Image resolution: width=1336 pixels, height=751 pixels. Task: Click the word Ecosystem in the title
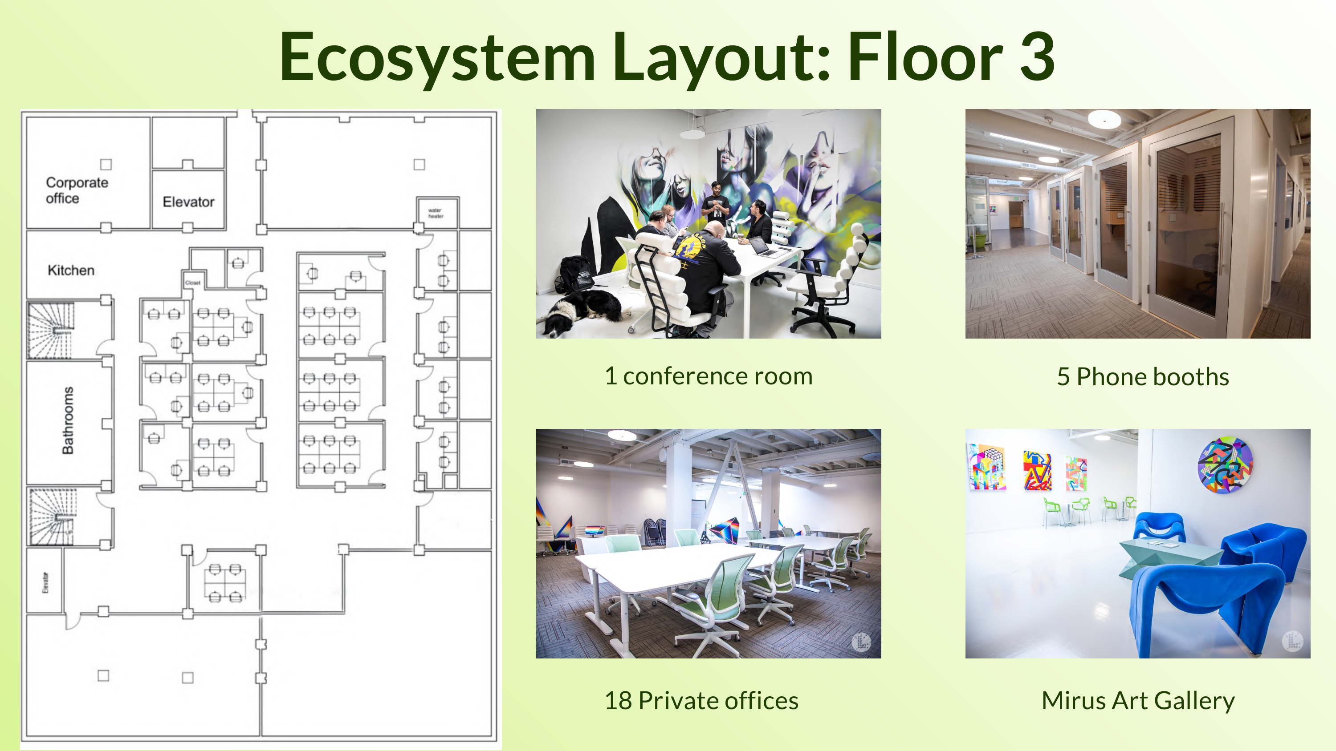[437, 57]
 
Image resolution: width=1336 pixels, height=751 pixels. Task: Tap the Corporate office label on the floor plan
[76, 190]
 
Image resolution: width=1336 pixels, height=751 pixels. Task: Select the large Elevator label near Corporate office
[188, 202]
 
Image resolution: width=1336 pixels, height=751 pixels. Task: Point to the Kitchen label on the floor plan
[71, 270]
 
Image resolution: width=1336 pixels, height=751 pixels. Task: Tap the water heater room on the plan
[436, 213]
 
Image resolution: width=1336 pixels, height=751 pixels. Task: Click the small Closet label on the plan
[192, 283]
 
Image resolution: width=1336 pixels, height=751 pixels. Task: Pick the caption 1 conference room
[709, 376]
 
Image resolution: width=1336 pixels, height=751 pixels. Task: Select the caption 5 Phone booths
[1143, 376]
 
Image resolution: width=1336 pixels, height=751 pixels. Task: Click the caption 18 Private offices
[701, 700]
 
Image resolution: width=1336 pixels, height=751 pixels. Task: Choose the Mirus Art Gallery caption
[1138, 700]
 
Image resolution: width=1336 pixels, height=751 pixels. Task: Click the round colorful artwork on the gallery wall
[1225, 465]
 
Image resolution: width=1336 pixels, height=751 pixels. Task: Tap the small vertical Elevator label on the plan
[45, 582]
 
